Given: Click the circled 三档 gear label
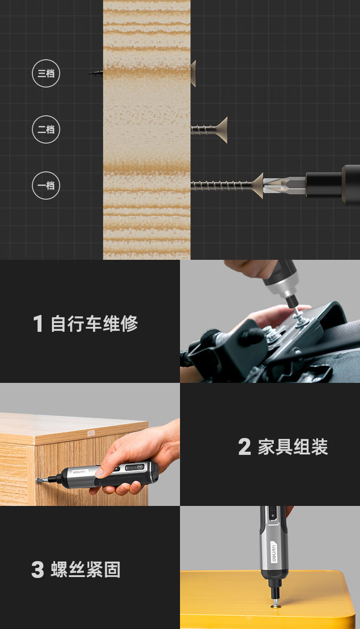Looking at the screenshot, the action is [46, 73].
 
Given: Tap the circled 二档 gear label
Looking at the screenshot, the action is [46, 129].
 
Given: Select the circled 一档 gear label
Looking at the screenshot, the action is [46, 186].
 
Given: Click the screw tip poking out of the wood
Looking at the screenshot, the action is [95, 73].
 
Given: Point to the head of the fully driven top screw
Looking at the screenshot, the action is [193, 73].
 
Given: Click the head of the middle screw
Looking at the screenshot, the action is [222, 130].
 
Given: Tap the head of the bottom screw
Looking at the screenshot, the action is [257, 186].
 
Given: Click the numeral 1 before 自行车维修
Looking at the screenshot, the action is [38, 323].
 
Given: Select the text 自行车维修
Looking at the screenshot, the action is [94, 324].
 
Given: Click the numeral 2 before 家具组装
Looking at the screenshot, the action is [244, 447].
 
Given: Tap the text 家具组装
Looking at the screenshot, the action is [293, 447].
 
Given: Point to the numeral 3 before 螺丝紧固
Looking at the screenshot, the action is [38, 569].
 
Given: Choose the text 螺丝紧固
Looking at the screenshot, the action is [86, 570].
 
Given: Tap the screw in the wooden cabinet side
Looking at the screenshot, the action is [39, 480].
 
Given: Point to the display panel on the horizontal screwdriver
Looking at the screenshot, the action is [135, 468].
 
